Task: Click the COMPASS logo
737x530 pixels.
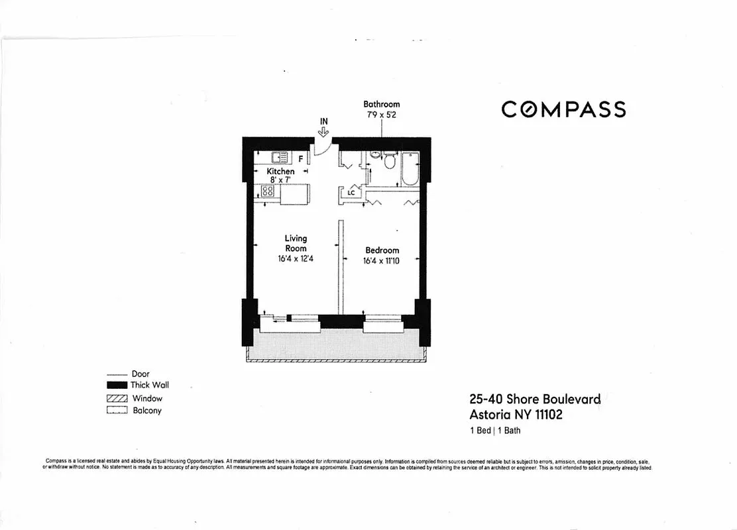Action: click(563, 109)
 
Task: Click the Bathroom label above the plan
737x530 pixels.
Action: click(381, 104)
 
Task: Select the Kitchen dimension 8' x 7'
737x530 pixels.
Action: click(280, 180)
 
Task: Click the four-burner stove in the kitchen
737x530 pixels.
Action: click(268, 191)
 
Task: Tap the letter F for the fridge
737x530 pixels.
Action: click(301, 159)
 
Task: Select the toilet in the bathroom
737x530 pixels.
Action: click(390, 161)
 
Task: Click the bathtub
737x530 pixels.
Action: click(410, 169)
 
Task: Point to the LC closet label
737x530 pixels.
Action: click(352, 193)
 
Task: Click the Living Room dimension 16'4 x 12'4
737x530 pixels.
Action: click(296, 259)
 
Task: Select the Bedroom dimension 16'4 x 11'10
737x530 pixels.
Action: click(382, 262)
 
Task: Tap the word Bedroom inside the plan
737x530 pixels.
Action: click(382, 250)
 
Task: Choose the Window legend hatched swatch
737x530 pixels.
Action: click(116, 398)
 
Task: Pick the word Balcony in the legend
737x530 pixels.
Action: click(147, 411)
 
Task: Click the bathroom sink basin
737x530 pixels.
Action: click(374, 157)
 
